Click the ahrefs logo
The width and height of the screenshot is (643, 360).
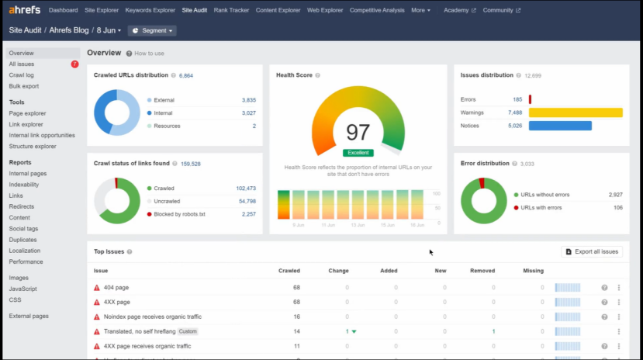24,10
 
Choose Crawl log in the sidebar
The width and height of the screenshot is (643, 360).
21,75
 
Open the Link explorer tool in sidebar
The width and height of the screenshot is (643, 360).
26,124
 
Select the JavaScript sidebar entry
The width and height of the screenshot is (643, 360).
22,289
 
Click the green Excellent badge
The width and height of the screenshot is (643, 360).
358,153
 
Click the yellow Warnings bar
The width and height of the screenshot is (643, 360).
575,112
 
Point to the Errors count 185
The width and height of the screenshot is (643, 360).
517,99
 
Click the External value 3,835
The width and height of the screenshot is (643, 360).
248,100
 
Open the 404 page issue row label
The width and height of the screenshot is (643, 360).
116,287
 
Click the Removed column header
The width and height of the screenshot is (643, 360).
482,271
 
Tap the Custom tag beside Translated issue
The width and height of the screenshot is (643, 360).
188,331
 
